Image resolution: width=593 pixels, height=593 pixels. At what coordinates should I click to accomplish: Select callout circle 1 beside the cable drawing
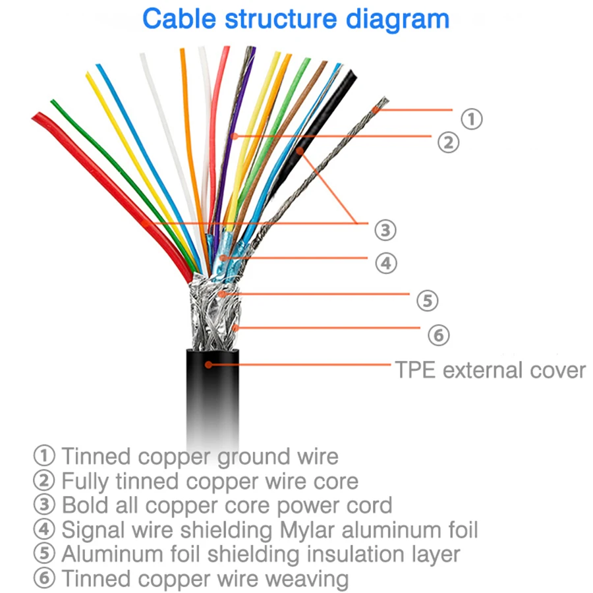(x=470, y=119)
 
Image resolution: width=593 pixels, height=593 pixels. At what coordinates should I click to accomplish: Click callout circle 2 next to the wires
(x=448, y=142)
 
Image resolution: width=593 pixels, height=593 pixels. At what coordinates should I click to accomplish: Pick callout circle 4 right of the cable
(x=386, y=263)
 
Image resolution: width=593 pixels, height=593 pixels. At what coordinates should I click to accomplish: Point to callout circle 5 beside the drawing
(x=427, y=300)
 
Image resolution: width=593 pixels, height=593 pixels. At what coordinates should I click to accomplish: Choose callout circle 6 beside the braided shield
(x=438, y=335)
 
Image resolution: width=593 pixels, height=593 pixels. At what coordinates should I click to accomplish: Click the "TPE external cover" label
(x=490, y=370)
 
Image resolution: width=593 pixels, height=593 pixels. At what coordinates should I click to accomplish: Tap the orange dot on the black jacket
(x=208, y=364)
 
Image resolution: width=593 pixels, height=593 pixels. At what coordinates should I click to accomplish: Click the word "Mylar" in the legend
(x=307, y=529)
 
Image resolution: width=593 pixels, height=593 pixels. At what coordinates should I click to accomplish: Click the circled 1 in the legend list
(x=44, y=455)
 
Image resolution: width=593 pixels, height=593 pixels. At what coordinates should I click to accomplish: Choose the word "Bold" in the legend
(x=84, y=505)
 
